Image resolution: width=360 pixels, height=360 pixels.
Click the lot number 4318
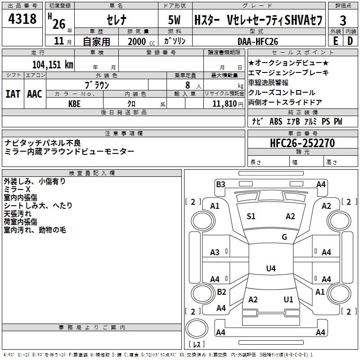coord(22,19)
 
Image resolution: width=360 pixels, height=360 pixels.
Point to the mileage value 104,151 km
coord(53,64)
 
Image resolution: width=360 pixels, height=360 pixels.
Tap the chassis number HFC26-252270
coord(302,143)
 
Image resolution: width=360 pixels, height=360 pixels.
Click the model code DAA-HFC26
coord(258,41)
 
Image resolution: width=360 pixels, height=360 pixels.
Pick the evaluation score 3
coord(343,20)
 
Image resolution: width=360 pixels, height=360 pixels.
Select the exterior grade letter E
coord(335,41)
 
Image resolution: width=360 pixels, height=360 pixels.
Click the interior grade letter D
coord(350,41)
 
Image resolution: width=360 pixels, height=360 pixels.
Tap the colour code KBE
coord(75,103)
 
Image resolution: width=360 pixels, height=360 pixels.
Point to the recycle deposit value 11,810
coord(224,103)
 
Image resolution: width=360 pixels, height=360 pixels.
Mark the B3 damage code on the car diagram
coord(220,184)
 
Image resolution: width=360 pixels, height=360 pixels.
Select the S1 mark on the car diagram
coord(251,216)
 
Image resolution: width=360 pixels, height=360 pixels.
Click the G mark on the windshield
coord(284,237)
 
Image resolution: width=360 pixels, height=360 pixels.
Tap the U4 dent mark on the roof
coord(270,269)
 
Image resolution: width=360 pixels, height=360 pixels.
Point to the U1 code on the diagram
coord(288,300)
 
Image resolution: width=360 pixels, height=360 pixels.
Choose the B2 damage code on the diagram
coord(221,292)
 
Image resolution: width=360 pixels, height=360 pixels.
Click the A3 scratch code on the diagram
coord(215,252)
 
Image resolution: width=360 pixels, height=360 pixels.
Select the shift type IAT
coord(12,94)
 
